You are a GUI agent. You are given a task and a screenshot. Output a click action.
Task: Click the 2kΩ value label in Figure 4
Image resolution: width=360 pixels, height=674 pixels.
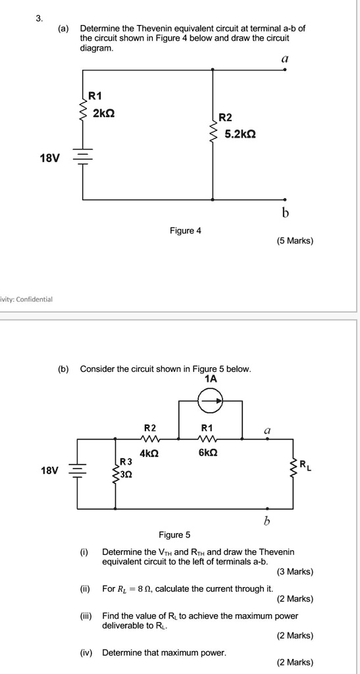point(104,113)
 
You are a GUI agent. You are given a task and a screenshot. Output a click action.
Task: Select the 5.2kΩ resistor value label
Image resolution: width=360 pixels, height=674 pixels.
point(240,134)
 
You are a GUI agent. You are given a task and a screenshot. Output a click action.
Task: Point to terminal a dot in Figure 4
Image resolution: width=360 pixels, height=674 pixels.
point(284,68)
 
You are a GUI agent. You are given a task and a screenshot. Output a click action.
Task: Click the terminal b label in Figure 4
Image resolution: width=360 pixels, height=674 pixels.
point(284,213)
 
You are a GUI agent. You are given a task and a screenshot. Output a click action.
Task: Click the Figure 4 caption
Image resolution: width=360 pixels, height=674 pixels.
point(186,230)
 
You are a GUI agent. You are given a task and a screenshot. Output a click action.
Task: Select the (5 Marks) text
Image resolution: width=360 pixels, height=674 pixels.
point(295,241)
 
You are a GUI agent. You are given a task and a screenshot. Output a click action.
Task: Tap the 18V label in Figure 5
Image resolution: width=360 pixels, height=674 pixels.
point(49,471)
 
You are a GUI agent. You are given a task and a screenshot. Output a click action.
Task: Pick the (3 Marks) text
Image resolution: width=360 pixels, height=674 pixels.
point(295,571)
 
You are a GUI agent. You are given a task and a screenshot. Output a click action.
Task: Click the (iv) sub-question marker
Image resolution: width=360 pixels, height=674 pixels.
point(85,652)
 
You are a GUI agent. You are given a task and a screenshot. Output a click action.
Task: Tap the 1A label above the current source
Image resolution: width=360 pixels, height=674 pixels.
point(211,379)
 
